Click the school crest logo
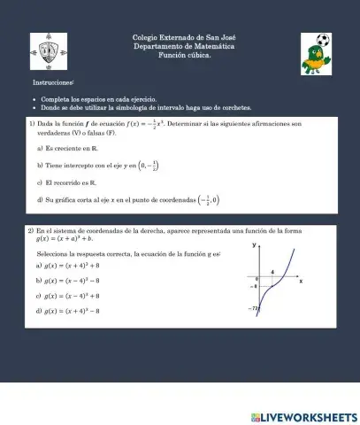click(50, 51)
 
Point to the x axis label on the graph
click(301, 281)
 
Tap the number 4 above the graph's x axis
click(272, 273)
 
